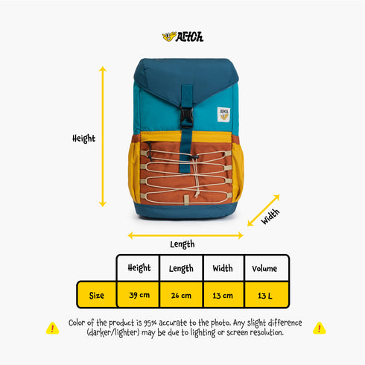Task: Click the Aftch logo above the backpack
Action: pos(182,36)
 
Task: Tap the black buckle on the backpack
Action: pos(186,117)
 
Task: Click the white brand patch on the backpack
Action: pos(223,115)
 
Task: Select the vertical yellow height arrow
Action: pos(103,136)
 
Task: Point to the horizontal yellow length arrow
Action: pos(185,235)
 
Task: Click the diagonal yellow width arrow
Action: pos(264,210)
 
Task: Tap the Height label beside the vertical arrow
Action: pos(83,139)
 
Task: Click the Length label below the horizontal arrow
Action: pos(182,244)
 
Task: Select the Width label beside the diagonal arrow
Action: pos(270,217)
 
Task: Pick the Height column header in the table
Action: pos(139,268)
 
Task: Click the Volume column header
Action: pos(264,268)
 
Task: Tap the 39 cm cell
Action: pos(139,295)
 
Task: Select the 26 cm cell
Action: pos(181,295)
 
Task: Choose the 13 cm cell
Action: pos(223,296)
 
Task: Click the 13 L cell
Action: pos(265,296)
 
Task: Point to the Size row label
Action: pos(97,296)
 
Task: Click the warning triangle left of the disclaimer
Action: pos(52,328)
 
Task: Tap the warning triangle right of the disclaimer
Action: pos(320,328)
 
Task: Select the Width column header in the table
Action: pos(223,268)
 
